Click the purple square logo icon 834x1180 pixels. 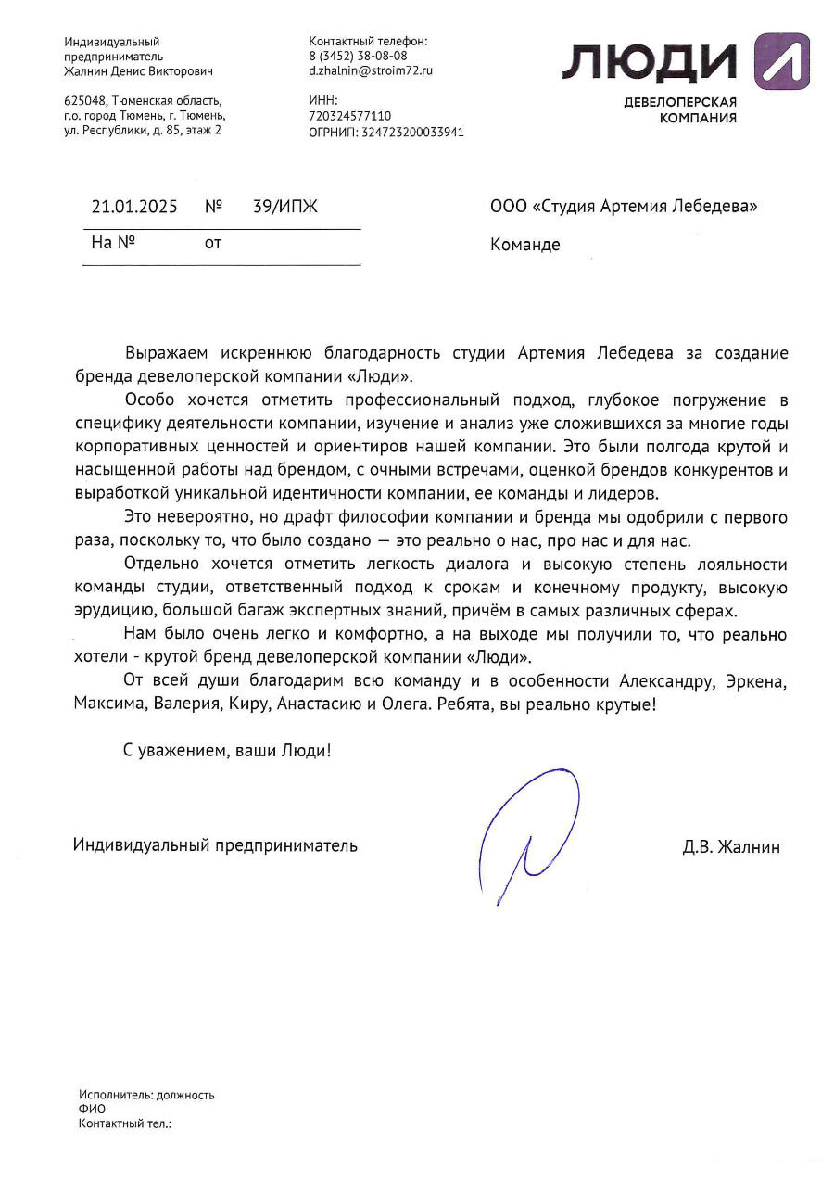point(781,61)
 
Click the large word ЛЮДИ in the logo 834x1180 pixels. point(649,63)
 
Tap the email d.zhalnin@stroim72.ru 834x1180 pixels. point(371,70)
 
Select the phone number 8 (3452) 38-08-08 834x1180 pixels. point(358,56)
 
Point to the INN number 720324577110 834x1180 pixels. point(350,116)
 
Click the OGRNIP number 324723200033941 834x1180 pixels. point(406,132)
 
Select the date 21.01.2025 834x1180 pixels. point(134,207)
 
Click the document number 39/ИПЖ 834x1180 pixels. point(284,207)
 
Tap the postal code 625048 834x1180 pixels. point(84,101)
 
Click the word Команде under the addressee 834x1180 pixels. point(524,245)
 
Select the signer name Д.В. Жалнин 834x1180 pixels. point(730,846)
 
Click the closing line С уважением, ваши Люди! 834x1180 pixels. point(227,751)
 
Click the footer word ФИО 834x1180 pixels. point(92,1109)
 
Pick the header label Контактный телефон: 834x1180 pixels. point(368,42)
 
